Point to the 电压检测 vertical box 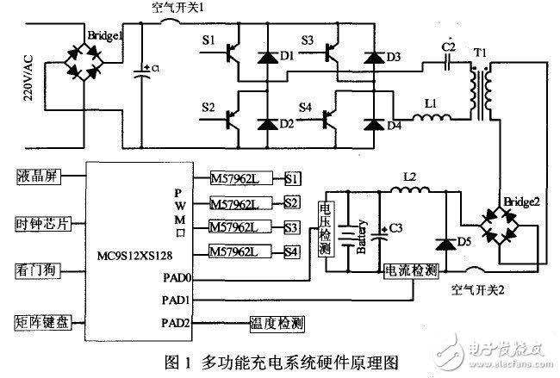(325, 229)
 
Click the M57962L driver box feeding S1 (240, 179)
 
